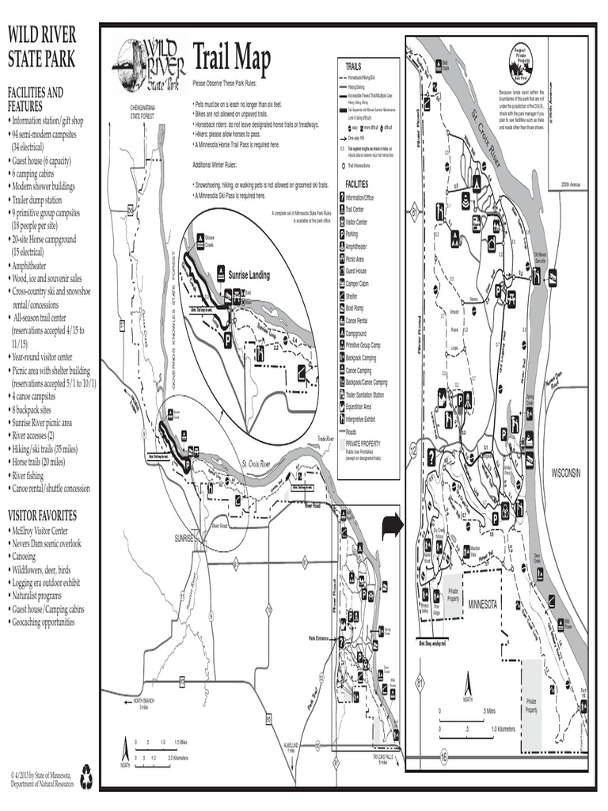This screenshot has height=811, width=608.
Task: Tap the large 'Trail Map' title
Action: point(231,59)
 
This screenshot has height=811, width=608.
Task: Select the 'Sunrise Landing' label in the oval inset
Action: point(249,276)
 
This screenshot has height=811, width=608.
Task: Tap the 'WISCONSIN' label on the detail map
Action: point(566,472)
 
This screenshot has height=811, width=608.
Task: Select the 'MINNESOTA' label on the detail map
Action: point(482,604)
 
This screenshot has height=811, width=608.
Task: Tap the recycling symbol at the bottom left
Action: point(85,779)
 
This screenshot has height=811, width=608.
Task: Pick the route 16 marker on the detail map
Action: point(443,758)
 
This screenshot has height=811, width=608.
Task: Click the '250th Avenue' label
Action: point(570,184)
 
